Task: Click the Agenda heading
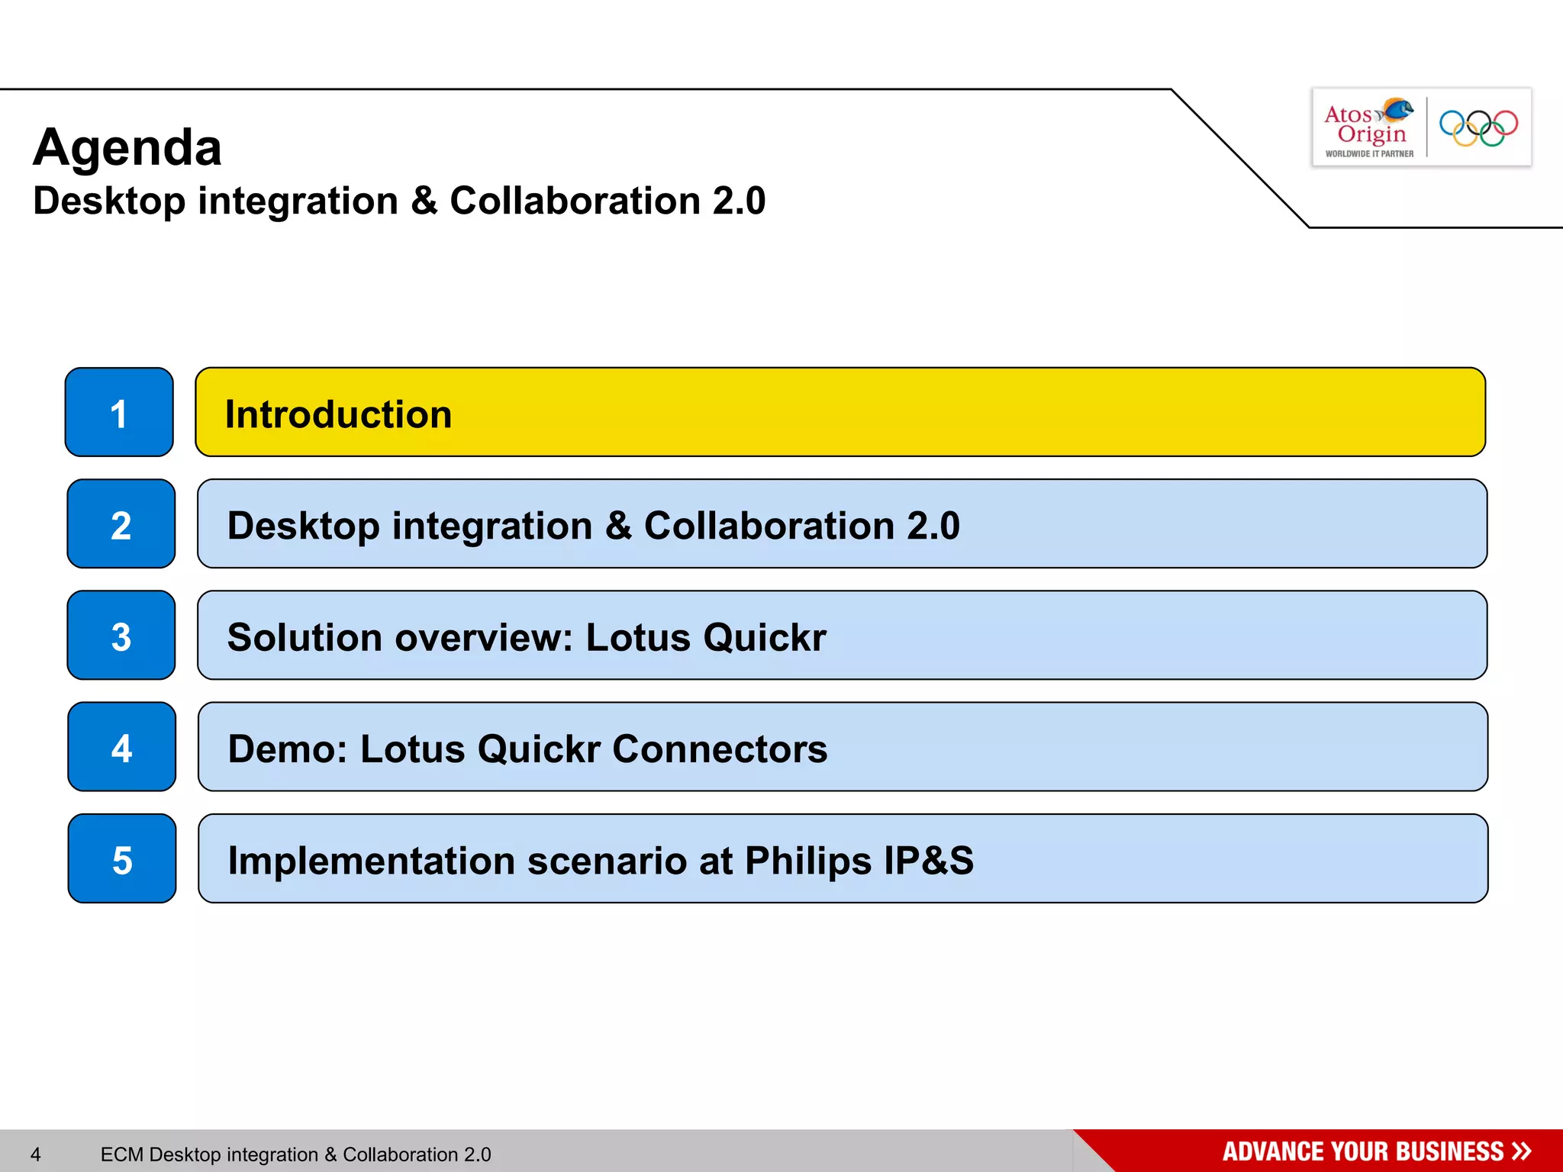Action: coord(127,147)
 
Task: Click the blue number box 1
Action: coord(119,413)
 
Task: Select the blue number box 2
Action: coord(121,524)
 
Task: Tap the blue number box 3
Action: coord(121,636)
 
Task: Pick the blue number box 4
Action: coord(121,747)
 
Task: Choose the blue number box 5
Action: coord(122,859)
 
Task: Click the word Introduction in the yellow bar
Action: coord(338,414)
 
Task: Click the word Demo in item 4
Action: coord(287,749)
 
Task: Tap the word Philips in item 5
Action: coord(808,861)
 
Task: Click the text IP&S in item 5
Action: coord(929,860)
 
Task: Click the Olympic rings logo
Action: coord(1478,127)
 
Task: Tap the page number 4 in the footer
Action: coord(35,1154)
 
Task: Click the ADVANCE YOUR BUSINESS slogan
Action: coord(1362,1151)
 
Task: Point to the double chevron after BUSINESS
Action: coord(1521,1151)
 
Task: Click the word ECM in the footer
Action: coord(121,1154)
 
